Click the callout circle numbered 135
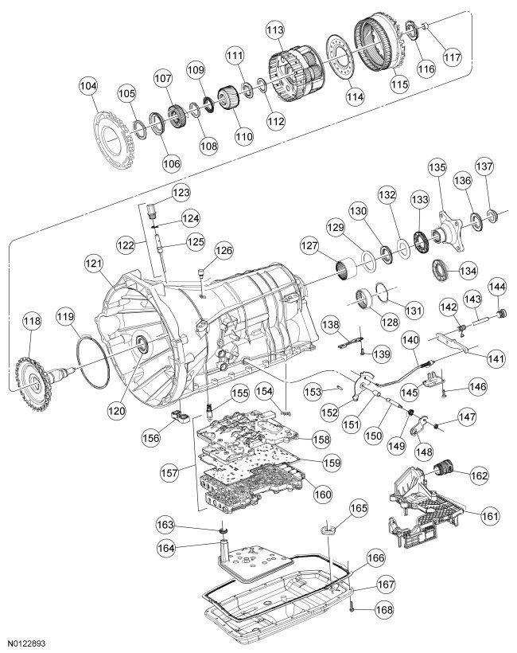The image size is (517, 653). [437, 170]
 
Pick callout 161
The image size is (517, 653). [490, 515]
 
